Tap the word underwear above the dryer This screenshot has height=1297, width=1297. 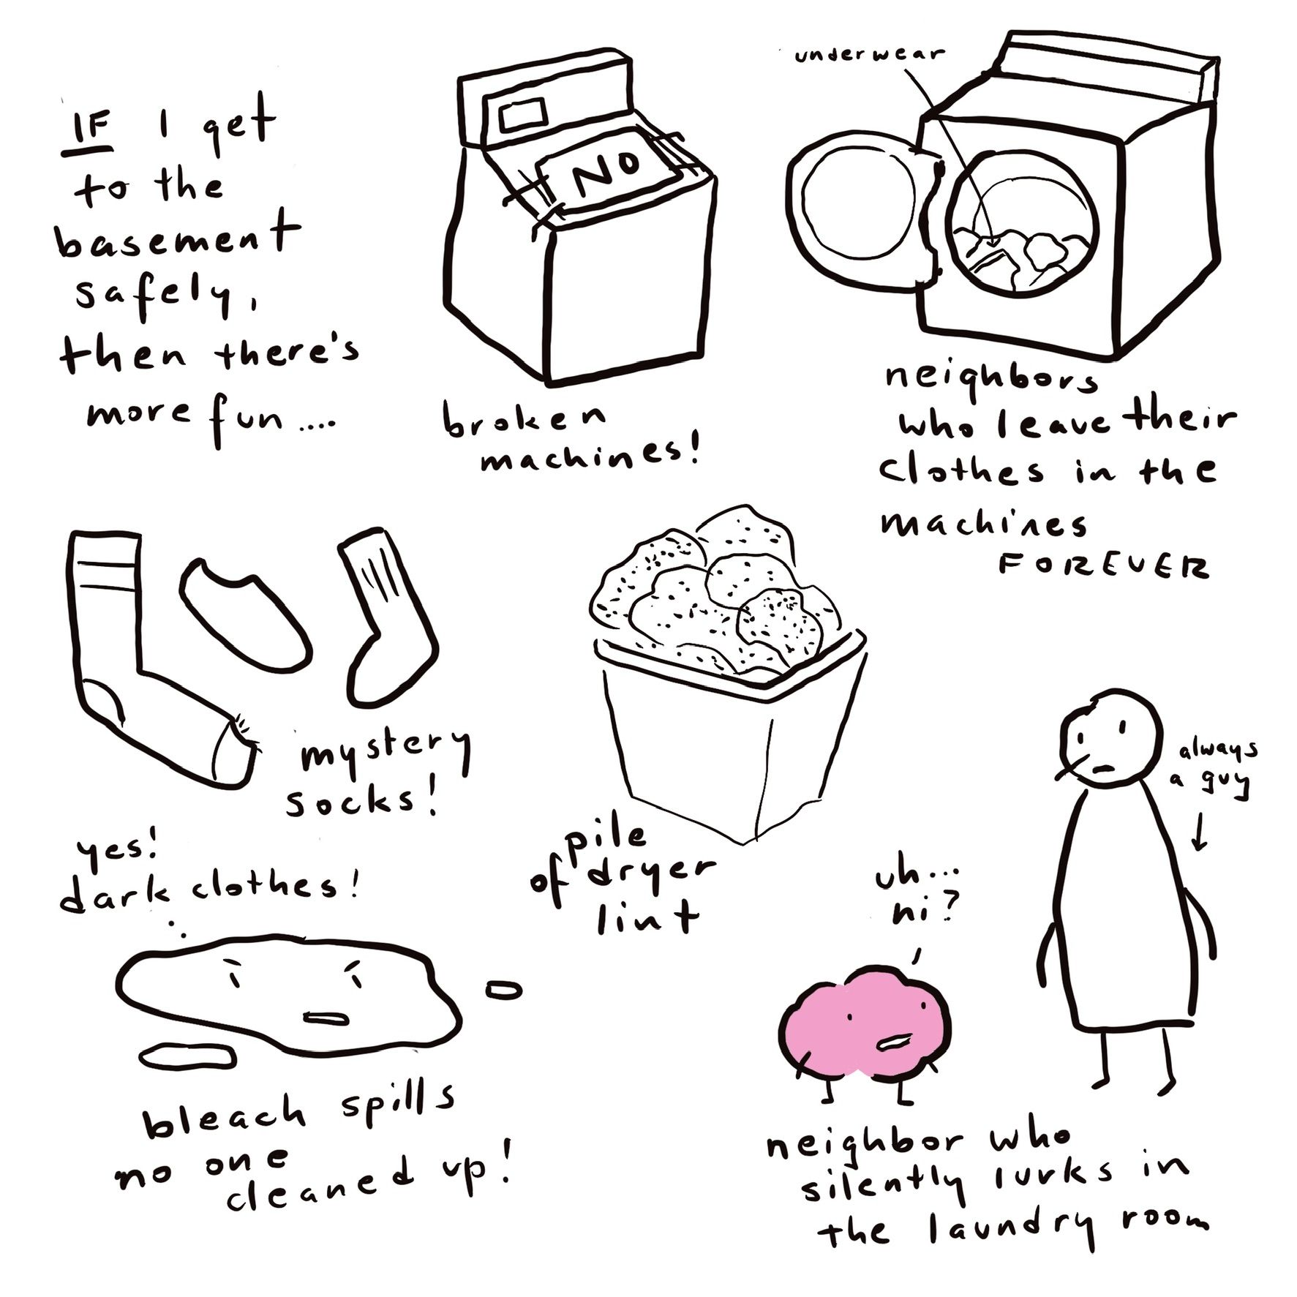coord(870,54)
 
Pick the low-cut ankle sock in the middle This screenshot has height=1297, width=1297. coord(246,614)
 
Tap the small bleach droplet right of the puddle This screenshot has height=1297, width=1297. coord(504,990)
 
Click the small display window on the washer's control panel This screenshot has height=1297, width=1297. coord(524,115)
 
